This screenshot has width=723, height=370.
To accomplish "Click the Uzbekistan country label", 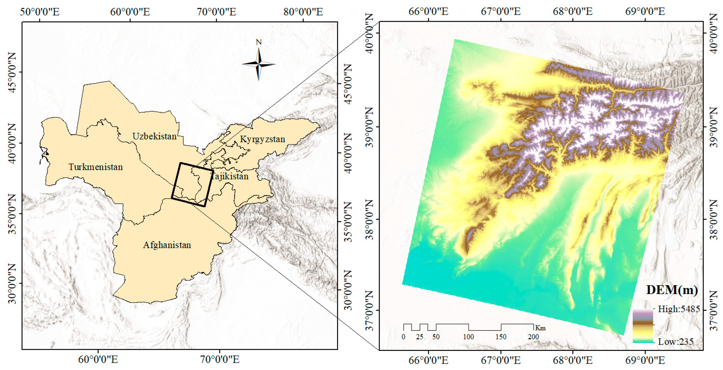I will pos(154,136).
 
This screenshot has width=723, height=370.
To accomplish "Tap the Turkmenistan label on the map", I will pos(96,167).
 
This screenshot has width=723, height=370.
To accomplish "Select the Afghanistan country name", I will pos(167,245).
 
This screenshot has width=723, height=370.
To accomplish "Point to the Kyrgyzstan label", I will pos(262,139).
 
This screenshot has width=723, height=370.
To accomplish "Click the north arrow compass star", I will pos(259,64).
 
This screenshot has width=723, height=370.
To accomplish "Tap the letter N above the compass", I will pos(259,42).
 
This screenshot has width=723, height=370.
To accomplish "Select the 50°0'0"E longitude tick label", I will pos(40,12).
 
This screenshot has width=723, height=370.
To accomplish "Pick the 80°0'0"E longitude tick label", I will pos(303,12).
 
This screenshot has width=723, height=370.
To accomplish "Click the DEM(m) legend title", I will pos(672,290).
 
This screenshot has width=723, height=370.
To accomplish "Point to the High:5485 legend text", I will pos(679,309).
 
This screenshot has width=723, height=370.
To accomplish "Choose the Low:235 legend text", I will pos(676,342).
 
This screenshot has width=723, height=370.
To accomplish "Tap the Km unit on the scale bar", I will pos(540,328).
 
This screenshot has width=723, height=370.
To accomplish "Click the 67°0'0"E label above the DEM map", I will pos(501,12).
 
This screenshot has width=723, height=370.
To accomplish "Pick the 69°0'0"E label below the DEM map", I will pos(645,360).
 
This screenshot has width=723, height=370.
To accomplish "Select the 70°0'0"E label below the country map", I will pos(220,359).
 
